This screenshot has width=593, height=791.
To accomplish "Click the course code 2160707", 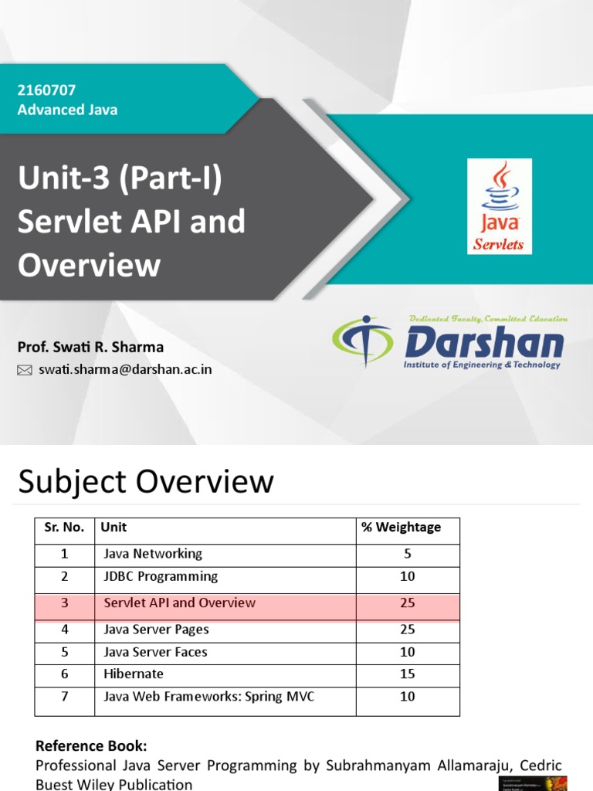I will point(46,90).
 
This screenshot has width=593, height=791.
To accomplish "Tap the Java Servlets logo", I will point(500,206).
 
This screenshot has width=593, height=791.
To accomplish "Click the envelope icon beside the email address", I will point(25,370).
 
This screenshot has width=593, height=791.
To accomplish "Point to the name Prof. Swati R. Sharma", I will point(90,347).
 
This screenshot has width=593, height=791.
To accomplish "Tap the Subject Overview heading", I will point(146,481).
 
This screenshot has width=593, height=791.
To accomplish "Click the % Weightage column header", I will point(401,528).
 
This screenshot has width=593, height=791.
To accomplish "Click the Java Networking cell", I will point(153,554).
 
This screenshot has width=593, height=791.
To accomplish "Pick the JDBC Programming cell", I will point(161,576).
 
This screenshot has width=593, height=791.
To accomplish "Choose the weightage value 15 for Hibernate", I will point(407,674).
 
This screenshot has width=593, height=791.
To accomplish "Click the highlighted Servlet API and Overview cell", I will point(179,603).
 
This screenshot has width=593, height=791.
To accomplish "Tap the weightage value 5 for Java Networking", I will point(407,554).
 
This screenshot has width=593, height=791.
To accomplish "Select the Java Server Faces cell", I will point(155,652).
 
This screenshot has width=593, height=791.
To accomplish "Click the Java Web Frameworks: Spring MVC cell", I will point(208,697).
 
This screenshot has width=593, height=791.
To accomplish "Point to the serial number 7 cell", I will point(65,697).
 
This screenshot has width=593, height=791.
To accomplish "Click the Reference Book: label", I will point(91,746).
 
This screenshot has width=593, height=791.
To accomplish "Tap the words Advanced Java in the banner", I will point(68,110).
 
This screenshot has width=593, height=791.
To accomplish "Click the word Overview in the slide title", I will point(89,265).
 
